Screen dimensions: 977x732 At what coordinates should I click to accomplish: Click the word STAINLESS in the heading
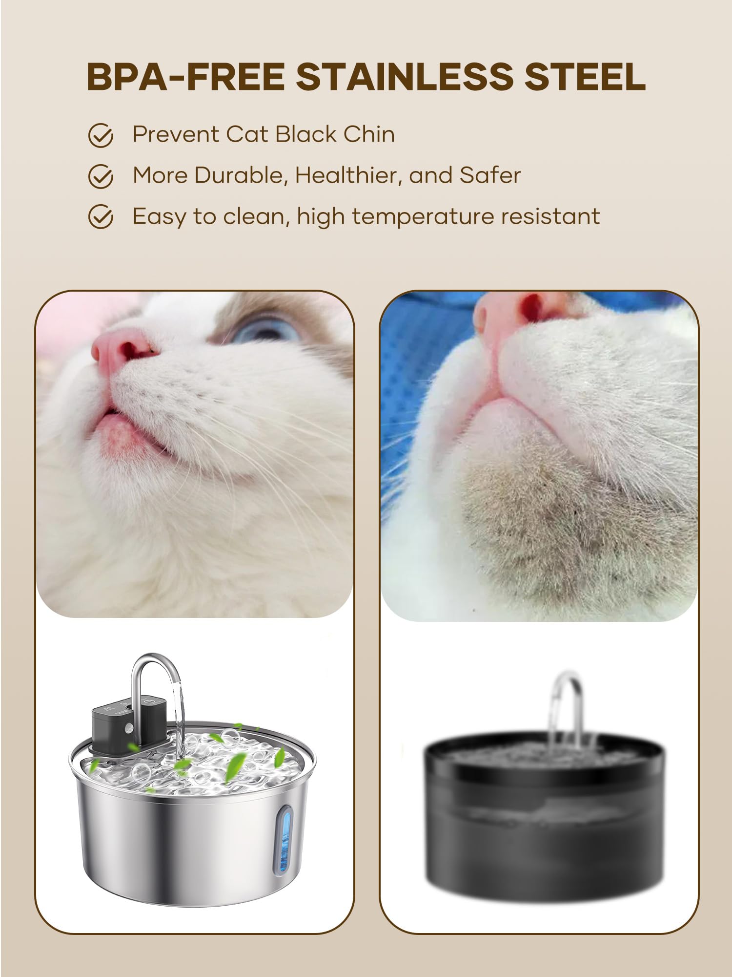406,77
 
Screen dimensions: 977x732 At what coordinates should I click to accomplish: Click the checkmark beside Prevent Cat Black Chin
101,135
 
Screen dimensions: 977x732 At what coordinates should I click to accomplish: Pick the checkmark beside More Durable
101,176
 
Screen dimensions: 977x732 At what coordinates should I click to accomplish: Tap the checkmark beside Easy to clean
101,217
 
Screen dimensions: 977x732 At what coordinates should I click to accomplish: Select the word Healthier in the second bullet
348,175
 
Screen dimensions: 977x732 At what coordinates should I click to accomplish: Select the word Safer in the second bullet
490,175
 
